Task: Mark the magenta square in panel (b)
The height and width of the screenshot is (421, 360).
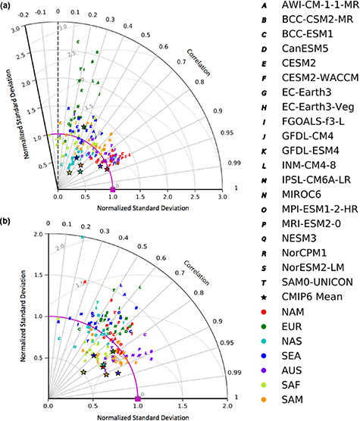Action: coord(137,398)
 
